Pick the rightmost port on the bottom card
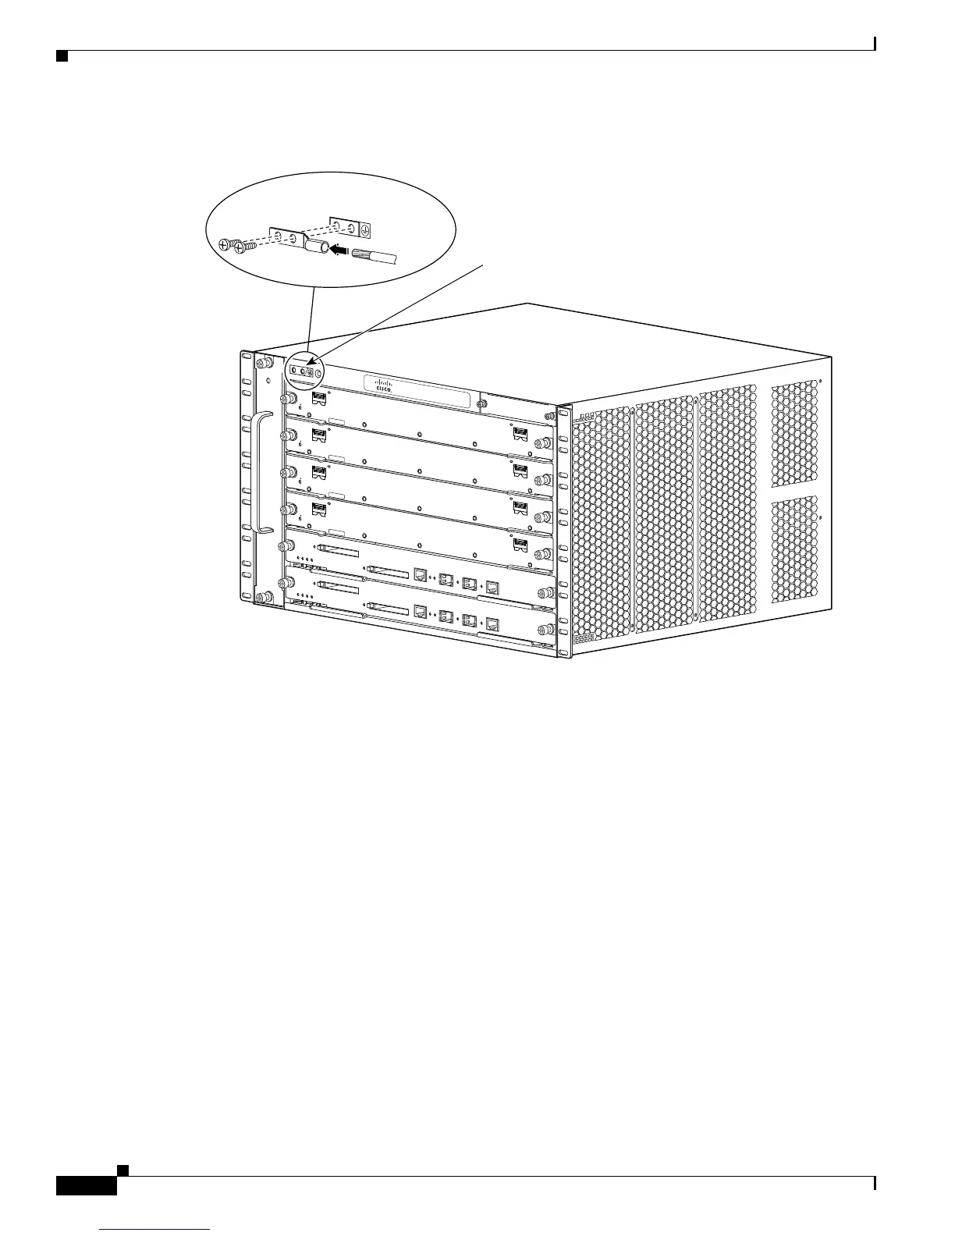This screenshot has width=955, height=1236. click(492, 623)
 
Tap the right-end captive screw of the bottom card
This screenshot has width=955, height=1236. click(544, 629)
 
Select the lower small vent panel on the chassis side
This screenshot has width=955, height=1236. click(795, 550)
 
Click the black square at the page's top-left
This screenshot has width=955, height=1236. click(61, 56)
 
